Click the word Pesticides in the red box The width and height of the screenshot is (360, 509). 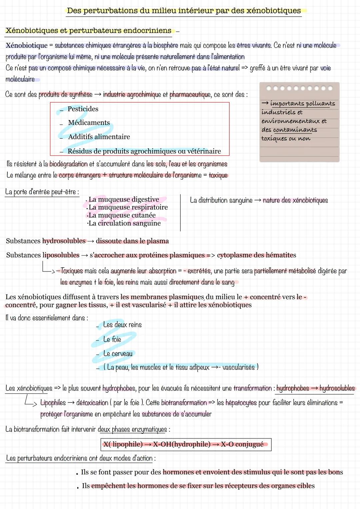pyautogui.click(x=83, y=109)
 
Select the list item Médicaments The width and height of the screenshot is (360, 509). pyautogui.click(x=89, y=123)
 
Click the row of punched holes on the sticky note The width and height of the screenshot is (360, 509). pyautogui.click(x=299, y=88)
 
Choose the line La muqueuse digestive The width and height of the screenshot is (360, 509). pyautogui.click(x=123, y=200)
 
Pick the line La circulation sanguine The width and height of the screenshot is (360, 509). pyautogui.click(x=124, y=223)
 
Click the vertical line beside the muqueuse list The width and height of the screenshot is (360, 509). pyautogui.click(x=180, y=213)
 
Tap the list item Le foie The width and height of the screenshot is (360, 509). pyautogui.click(x=112, y=339)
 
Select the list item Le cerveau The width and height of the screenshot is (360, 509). pyautogui.click(x=118, y=354)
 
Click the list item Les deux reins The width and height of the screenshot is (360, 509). pyautogui.click(x=122, y=325)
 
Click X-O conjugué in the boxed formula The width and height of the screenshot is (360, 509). pyautogui.click(x=242, y=444)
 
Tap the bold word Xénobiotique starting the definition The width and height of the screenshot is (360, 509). pyautogui.click(x=27, y=45)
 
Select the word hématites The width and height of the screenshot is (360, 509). pyautogui.click(x=280, y=255)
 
